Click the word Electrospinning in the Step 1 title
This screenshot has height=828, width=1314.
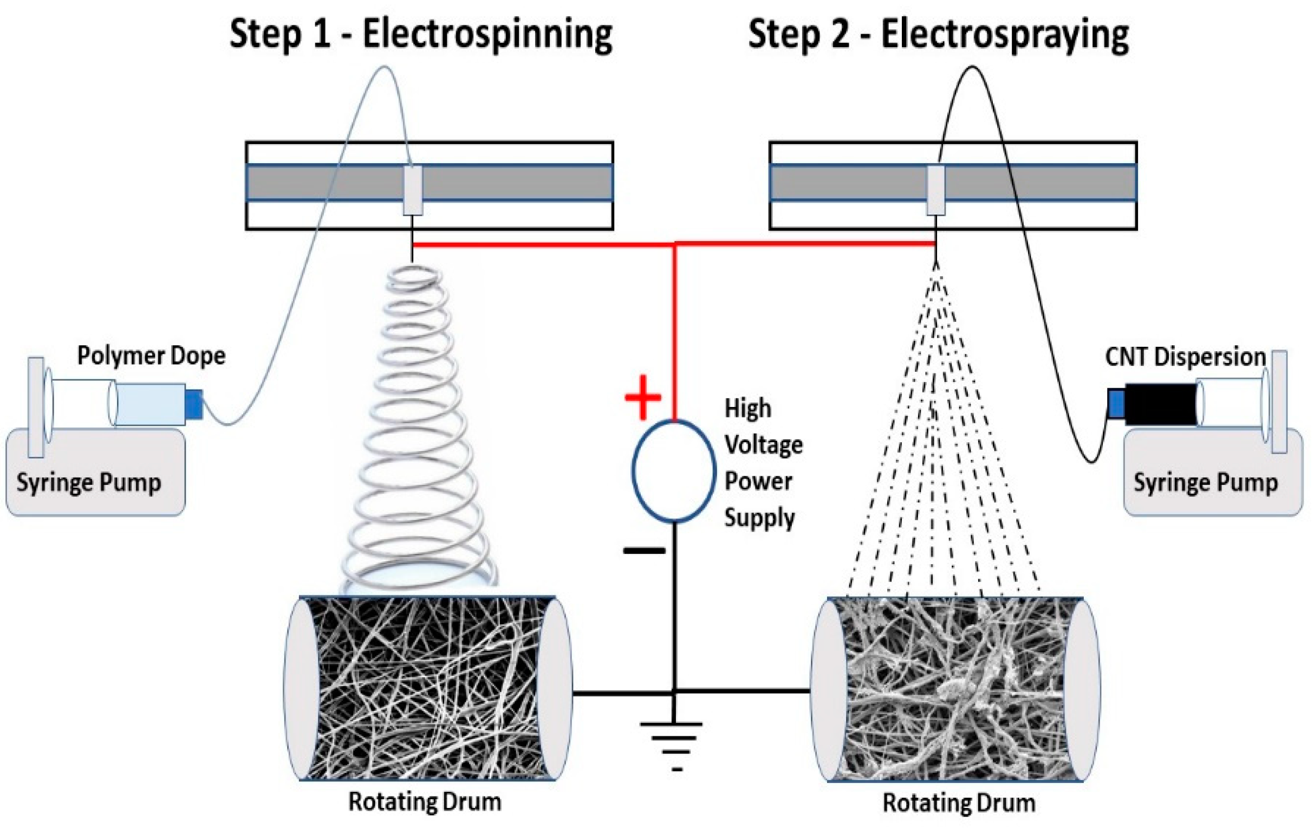(x=487, y=35)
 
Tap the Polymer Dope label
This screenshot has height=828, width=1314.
(x=151, y=356)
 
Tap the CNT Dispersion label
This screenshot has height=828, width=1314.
(x=1185, y=357)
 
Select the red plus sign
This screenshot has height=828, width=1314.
(x=643, y=397)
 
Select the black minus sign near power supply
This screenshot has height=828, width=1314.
(x=645, y=551)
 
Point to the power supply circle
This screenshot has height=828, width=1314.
(x=673, y=470)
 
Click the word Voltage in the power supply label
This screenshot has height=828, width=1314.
(x=763, y=445)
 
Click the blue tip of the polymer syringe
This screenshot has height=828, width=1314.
(x=194, y=404)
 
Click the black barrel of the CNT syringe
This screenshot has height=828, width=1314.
(x=1160, y=404)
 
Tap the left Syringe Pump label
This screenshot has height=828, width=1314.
(x=88, y=483)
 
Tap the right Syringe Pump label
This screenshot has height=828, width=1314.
(x=1206, y=483)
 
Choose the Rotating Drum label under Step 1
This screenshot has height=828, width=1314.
(x=425, y=802)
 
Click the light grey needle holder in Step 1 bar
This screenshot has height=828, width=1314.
(x=413, y=190)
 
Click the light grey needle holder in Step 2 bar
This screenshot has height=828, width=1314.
(x=936, y=190)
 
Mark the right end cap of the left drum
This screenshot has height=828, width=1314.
(x=555, y=688)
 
